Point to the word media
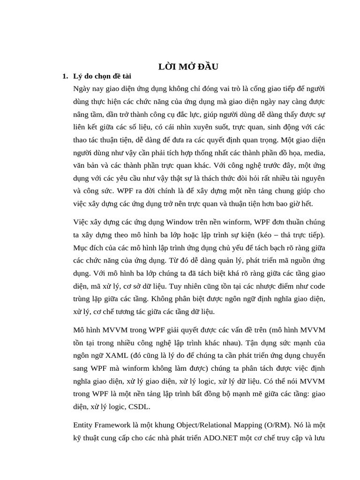315,152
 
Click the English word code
316,286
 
